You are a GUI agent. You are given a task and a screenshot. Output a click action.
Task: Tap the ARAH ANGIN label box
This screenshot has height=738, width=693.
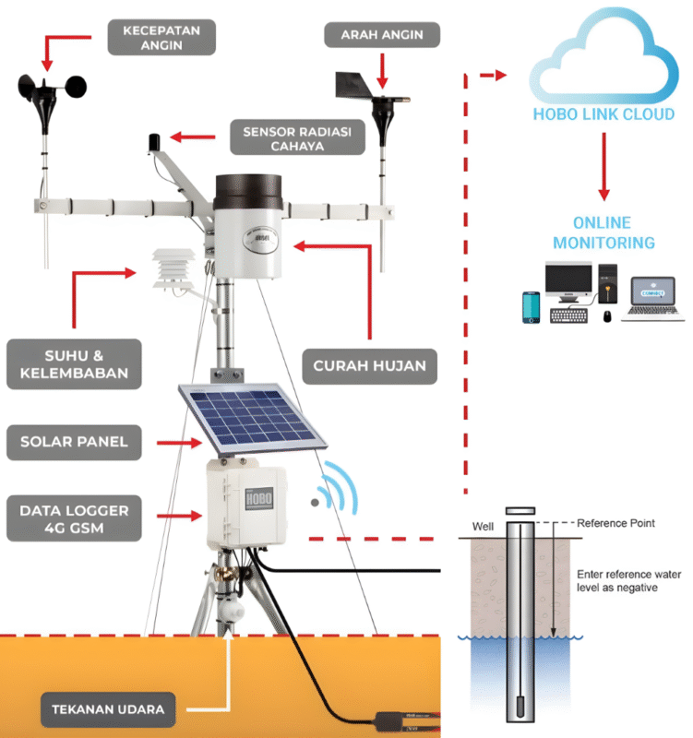click(382, 35)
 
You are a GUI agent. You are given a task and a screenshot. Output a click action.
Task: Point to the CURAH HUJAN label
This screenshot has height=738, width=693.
click(369, 365)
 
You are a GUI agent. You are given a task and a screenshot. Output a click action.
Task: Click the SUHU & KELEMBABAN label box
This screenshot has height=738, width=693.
click(74, 363)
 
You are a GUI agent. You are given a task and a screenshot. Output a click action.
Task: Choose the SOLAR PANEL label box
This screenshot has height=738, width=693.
click(74, 443)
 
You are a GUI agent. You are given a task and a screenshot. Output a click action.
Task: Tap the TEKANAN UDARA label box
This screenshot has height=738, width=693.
click(109, 709)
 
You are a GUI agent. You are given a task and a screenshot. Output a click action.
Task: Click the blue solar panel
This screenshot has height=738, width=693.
click(249, 416)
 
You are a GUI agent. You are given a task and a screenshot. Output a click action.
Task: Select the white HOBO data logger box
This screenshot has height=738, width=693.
click(246, 505)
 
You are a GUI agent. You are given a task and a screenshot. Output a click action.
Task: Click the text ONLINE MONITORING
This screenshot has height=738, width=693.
click(602, 232)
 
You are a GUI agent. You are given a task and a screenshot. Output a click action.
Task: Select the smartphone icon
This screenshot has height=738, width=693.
click(531, 307)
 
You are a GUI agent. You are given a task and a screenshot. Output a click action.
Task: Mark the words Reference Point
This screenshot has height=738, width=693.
click(615, 523)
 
